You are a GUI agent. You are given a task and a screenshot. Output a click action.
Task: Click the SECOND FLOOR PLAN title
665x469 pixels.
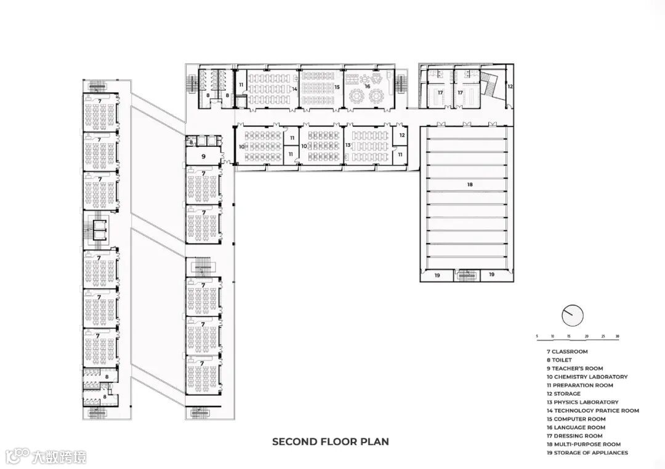click(x=331, y=441)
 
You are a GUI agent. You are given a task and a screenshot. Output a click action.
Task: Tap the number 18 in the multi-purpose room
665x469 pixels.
click(x=469, y=184)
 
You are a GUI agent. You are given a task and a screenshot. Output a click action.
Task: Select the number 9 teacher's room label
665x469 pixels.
click(x=204, y=157)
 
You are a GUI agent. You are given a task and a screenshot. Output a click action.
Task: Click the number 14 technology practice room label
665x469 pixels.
click(x=294, y=89)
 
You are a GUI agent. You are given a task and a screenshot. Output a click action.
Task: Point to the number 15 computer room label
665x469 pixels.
click(x=337, y=87)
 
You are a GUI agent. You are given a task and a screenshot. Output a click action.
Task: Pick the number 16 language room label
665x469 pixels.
click(x=367, y=86)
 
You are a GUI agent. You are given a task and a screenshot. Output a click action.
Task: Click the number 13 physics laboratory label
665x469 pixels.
click(x=348, y=145)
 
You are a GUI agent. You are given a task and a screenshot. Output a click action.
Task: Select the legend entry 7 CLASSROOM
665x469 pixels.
click(x=567, y=352)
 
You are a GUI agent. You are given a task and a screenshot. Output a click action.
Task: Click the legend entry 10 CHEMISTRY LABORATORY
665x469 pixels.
click(x=587, y=377)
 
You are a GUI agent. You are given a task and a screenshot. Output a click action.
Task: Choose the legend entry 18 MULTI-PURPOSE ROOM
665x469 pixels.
click(x=584, y=444)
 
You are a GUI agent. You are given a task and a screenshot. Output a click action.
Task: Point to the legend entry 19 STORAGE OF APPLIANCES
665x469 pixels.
click(x=587, y=453)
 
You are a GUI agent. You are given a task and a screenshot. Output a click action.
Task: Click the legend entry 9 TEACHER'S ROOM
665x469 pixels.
click(x=574, y=368)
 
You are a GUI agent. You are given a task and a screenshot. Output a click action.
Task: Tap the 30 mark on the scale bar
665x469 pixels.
click(x=617, y=336)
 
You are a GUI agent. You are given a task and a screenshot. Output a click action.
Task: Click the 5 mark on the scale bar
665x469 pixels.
click(x=537, y=336)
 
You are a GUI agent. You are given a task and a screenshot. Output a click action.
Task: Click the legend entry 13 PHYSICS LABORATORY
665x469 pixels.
click(x=582, y=402)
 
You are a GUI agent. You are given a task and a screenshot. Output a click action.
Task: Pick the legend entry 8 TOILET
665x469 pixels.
click(x=559, y=360)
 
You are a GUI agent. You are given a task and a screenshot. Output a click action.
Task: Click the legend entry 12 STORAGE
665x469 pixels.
click(x=563, y=393)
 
